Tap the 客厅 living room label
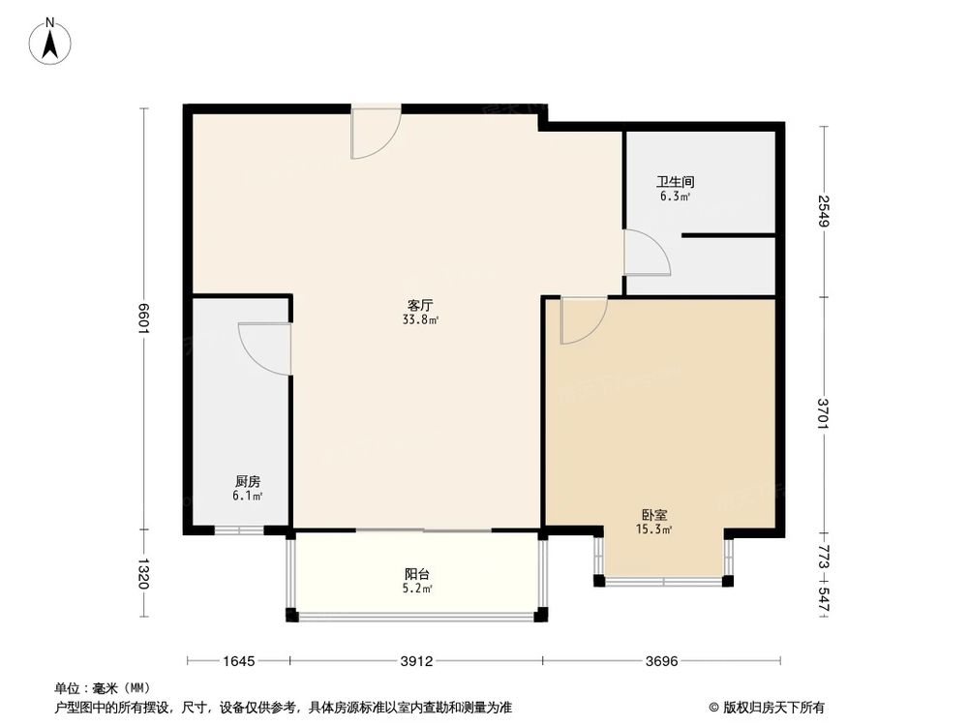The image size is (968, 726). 419,304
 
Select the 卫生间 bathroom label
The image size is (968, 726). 675,181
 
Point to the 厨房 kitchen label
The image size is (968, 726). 247,481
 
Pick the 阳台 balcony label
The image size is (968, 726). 418,573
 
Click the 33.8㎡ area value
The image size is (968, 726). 419,319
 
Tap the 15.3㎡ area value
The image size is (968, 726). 654,529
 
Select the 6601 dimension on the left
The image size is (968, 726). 144,318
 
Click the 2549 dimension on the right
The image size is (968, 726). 823,211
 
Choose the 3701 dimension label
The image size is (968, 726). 823,414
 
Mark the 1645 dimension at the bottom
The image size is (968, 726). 238,662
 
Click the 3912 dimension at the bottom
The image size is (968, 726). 416,662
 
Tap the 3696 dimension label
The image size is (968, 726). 664,662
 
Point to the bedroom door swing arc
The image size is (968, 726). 584,319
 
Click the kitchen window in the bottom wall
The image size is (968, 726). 238,530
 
